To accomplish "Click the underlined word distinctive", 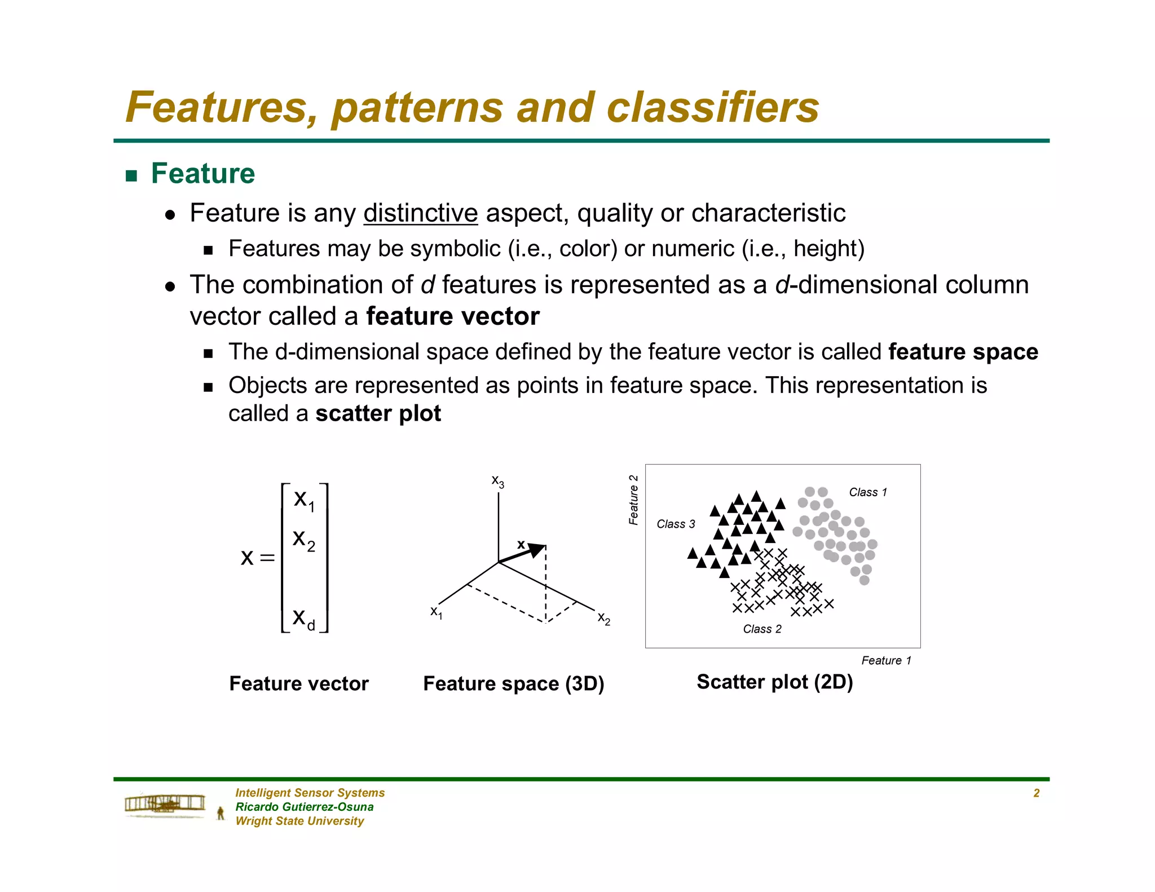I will [x=420, y=214].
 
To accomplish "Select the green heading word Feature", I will [x=202, y=174].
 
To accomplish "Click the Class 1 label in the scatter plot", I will [x=867, y=492].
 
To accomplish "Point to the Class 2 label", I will [x=762, y=629].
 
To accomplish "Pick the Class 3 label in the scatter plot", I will [x=676, y=524].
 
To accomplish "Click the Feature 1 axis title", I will [x=885, y=661].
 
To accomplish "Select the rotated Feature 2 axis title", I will [x=633, y=500].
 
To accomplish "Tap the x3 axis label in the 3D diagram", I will [x=497, y=482].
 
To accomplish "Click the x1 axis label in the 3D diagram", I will [x=436, y=612].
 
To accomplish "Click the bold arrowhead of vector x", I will [x=537, y=550].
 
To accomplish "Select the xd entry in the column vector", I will [x=303, y=619].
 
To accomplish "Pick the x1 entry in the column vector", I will [x=304, y=500].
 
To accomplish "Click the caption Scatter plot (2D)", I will [x=774, y=682].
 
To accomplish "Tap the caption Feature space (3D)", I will [x=513, y=684].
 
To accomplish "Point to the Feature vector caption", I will [x=299, y=684].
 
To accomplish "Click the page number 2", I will [x=1036, y=793].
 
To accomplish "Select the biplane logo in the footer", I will [x=165, y=803].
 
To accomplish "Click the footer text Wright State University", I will [x=299, y=822].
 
